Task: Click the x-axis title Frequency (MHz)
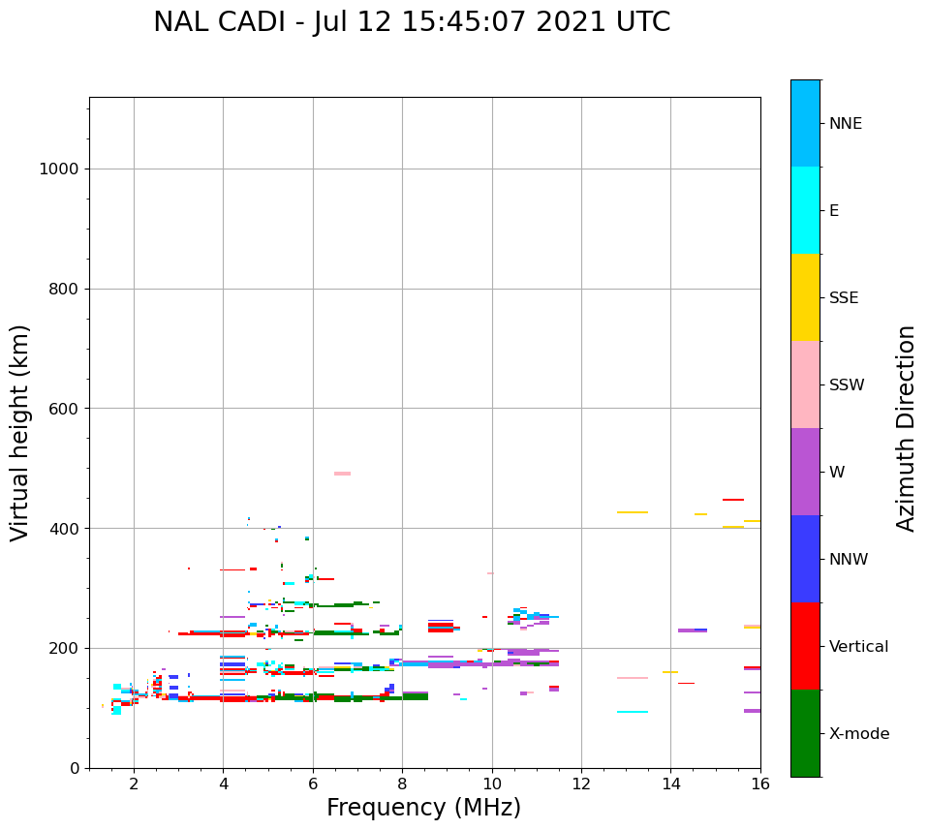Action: [x=423, y=808]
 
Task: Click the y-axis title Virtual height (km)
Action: [x=20, y=433]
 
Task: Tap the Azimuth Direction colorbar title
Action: [x=906, y=428]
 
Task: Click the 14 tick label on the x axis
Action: [x=671, y=783]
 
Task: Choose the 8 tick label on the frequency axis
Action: [x=402, y=783]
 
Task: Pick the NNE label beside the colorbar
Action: [x=845, y=124]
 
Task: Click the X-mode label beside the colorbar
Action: [x=858, y=734]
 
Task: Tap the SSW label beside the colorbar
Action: [x=846, y=385]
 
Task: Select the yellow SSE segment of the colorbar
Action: [x=805, y=297]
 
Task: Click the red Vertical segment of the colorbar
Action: [x=805, y=646]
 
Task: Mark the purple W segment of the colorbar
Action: [x=805, y=472]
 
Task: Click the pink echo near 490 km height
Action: [x=342, y=474]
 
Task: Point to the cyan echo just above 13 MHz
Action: [x=633, y=712]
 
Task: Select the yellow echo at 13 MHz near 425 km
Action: [x=633, y=512]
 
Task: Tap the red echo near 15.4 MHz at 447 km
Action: [x=733, y=500]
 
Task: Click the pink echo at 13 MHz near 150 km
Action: [x=633, y=678]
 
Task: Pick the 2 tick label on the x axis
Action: [x=134, y=783]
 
